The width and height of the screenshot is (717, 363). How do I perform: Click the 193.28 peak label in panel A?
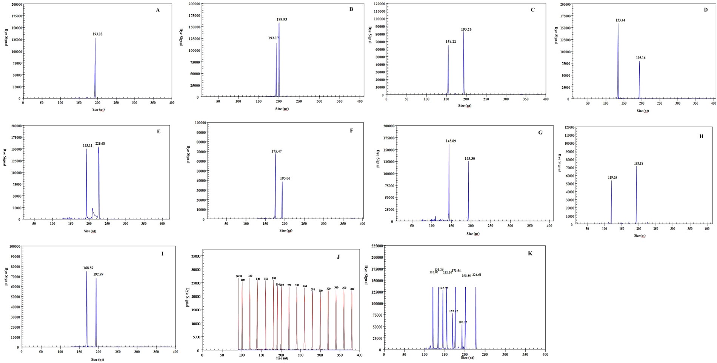[x=97, y=34]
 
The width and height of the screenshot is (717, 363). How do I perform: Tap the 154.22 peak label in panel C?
[x=451, y=42]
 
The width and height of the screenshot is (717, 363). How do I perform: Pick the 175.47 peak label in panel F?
[x=276, y=151]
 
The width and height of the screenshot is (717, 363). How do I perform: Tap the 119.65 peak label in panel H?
[x=612, y=177]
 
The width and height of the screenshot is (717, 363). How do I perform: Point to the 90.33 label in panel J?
[x=238, y=276]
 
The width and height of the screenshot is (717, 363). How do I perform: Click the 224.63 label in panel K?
[x=477, y=275]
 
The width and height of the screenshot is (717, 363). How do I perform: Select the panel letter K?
[x=530, y=253]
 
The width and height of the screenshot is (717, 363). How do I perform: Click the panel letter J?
[x=338, y=257]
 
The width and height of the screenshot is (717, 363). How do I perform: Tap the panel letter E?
[x=158, y=131]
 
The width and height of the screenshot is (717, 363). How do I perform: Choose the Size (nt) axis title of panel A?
[x=97, y=110]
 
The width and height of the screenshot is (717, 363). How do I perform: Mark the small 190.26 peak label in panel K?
[x=463, y=322]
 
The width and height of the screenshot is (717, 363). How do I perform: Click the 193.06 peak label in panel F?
[x=285, y=178]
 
